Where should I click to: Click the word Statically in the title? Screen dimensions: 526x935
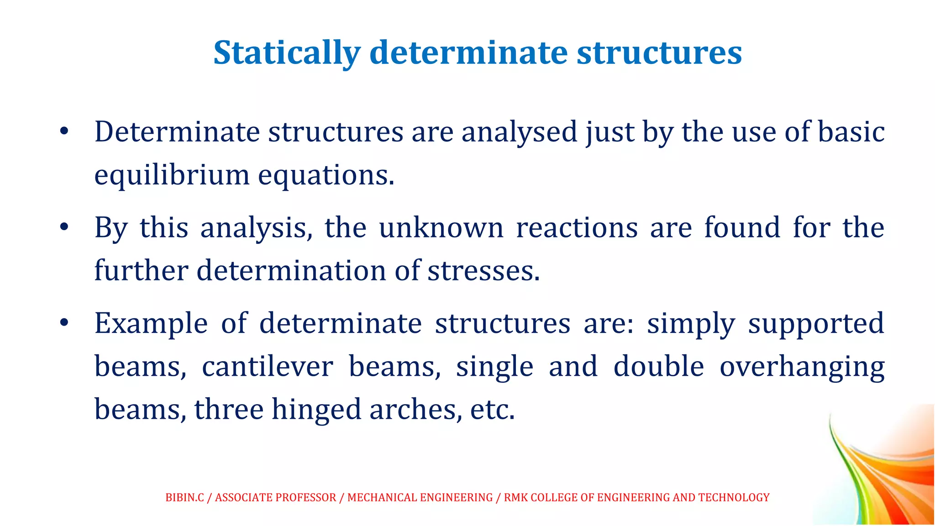tap(287, 53)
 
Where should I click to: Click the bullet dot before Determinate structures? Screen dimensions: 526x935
tap(64, 132)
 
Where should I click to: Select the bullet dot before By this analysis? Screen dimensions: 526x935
tap(64, 227)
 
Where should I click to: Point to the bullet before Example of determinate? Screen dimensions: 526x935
tap(64, 323)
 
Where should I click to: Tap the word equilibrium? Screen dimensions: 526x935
tap(172, 175)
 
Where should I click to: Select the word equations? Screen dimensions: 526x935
tap(326, 175)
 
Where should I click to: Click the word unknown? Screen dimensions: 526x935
tap(441, 227)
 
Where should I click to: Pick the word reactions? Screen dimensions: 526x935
tap(576, 227)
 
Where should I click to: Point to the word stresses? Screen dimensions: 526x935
tap(483, 270)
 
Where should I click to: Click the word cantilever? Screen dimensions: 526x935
tap(268, 366)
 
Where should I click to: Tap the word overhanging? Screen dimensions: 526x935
tap(802, 366)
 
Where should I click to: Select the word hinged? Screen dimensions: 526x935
tap(316, 409)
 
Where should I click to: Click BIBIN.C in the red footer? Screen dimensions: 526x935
tap(184, 497)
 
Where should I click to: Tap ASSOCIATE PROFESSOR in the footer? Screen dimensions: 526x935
tap(275, 497)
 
